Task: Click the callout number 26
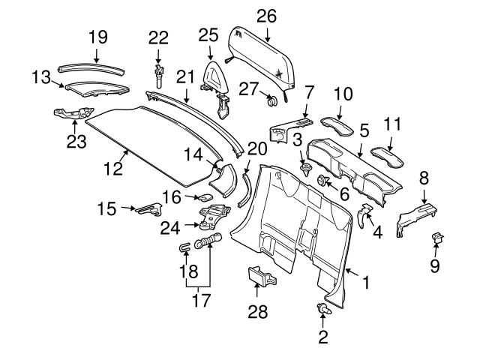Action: pos(265,15)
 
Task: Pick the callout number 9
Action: pos(435,265)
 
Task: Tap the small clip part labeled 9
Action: pos(438,239)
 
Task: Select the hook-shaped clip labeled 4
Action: pos(365,215)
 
